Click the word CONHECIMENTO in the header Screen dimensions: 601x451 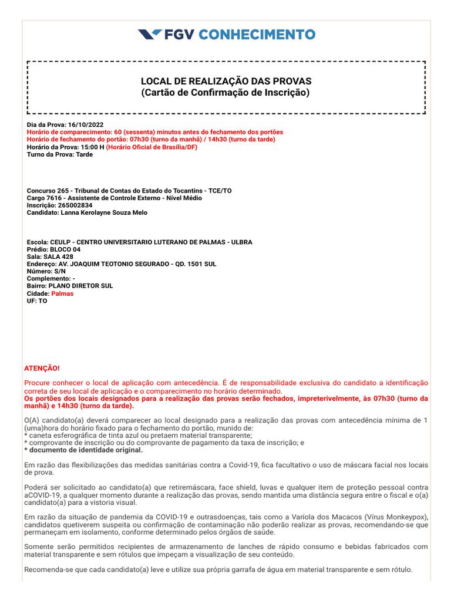pos(257,35)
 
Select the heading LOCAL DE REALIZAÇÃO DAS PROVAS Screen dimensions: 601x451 pos(226,81)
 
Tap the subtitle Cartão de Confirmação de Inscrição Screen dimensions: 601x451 pos(226,93)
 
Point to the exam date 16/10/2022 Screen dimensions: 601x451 pos(86,125)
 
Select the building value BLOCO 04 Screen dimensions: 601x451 pos(65,249)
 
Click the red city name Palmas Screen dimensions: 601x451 pos(62,293)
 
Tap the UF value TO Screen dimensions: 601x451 pos(43,301)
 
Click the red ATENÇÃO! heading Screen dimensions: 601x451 pos(42,368)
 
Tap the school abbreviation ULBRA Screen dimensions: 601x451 pos(241,242)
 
